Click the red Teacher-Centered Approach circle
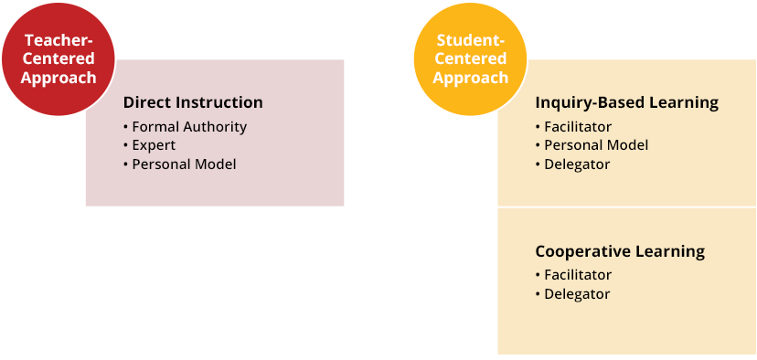click(x=59, y=59)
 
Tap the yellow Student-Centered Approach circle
click(x=471, y=59)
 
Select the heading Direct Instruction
click(x=193, y=102)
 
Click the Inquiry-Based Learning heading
click(x=626, y=102)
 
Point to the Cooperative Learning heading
click(x=619, y=250)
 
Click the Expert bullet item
click(x=154, y=145)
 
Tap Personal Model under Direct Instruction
click(x=184, y=164)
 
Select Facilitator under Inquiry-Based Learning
click(x=577, y=126)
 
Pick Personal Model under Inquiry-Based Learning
click(x=595, y=145)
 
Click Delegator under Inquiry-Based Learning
click(x=576, y=164)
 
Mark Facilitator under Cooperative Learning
click(x=577, y=274)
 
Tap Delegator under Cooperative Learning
click(x=576, y=293)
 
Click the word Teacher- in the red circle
click(x=59, y=40)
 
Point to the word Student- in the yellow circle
click(x=471, y=40)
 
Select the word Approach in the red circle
click(x=59, y=78)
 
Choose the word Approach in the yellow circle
click(x=471, y=78)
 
